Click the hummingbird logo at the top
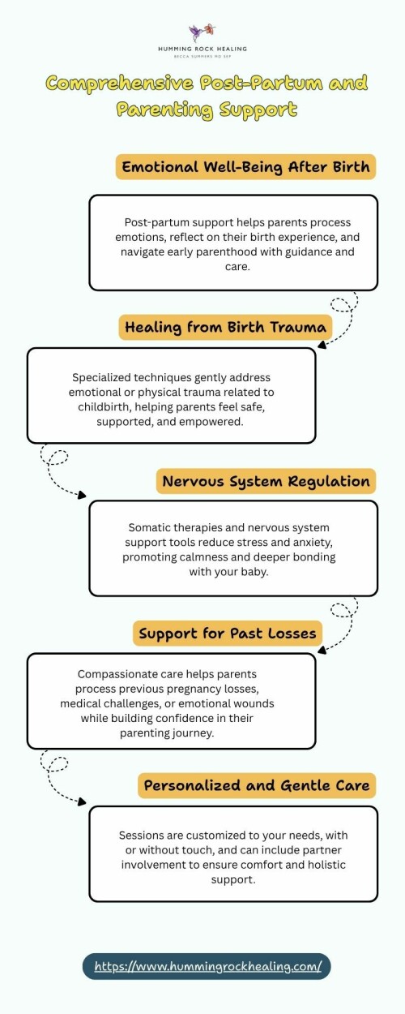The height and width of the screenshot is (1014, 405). coord(202,32)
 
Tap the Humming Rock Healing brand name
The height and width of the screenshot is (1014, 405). coord(202,49)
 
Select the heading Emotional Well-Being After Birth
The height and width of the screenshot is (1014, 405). coord(246,167)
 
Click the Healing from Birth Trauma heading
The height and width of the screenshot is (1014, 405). coord(225,327)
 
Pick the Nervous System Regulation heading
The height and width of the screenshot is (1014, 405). coord(266,481)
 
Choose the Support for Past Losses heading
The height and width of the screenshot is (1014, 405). coord(228,634)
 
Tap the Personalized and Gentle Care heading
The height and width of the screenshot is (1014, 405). coord(257,785)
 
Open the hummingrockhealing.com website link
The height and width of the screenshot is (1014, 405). coord(207,966)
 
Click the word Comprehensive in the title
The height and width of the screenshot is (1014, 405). coord(120,84)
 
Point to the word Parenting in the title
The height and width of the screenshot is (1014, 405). coord(164,110)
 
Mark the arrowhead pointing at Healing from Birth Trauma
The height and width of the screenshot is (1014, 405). coord(322,346)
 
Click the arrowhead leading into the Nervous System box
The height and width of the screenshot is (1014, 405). coord(82,495)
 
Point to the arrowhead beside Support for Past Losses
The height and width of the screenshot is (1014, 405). coord(322,651)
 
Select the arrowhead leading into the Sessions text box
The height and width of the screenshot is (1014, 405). coord(82,801)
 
